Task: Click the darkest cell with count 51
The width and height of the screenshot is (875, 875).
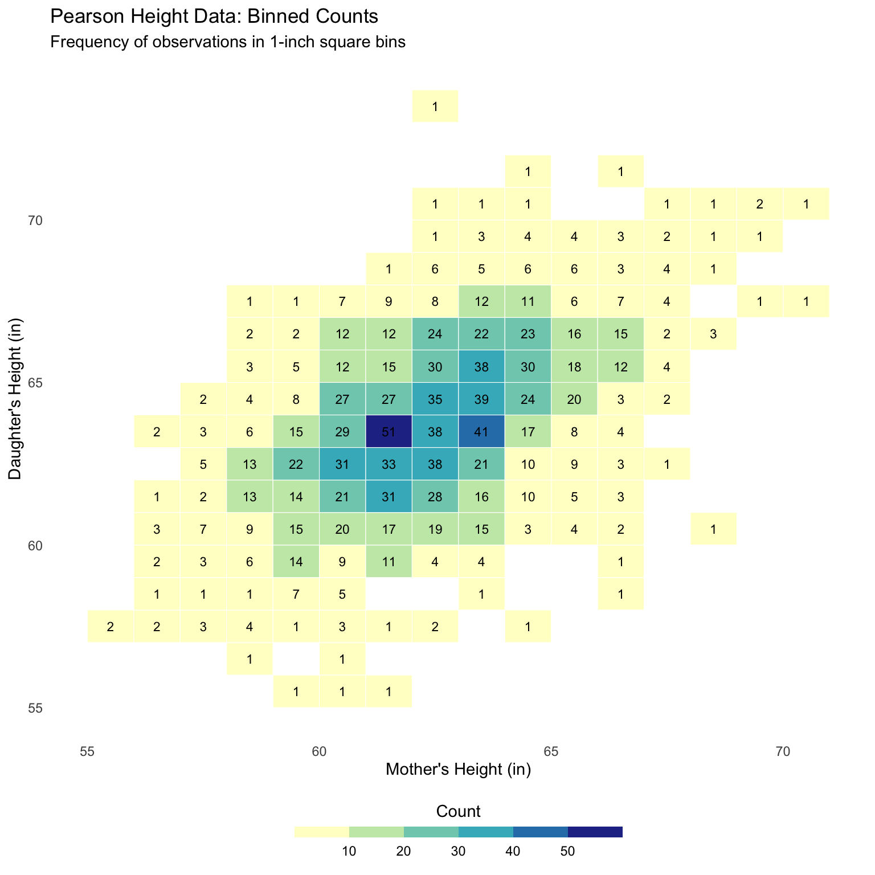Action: coord(389,432)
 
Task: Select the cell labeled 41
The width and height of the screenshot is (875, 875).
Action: coord(481,432)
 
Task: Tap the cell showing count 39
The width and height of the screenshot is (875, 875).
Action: coord(481,399)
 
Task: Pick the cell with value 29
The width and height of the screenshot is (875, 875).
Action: coord(342,432)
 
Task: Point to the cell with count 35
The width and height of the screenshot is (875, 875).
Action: coord(435,399)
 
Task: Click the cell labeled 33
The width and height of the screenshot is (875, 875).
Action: coord(389,464)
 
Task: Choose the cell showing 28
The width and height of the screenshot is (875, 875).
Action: coord(435,497)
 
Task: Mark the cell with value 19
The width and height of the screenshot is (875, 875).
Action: coord(435,529)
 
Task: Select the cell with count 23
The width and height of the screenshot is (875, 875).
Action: coord(528,334)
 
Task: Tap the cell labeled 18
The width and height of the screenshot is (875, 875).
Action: coord(574,366)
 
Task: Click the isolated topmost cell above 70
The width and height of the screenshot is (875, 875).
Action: coord(435,106)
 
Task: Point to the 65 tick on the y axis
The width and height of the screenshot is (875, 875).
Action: coord(36,383)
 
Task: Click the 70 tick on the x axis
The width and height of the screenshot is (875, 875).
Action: coord(783,751)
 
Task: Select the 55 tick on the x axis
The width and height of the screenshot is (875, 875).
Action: coord(87,751)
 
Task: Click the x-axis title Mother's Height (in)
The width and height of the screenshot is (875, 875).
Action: coord(458,770)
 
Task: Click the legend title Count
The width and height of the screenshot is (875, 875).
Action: coord(458,811)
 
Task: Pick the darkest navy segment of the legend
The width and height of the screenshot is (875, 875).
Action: coord(595,832)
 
